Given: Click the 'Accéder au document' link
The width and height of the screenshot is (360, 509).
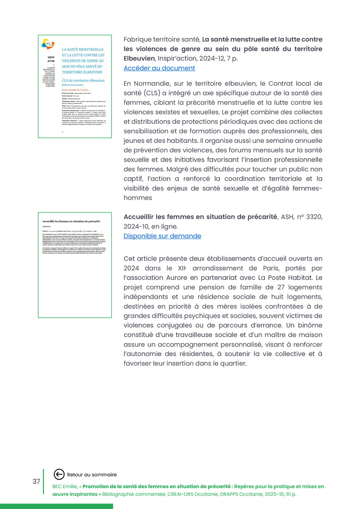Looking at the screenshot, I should [x=159, y=68].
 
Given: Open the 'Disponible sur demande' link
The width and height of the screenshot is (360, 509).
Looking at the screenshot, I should [x=162, y=236].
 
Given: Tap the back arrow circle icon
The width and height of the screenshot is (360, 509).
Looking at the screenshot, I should [x=59, y=474].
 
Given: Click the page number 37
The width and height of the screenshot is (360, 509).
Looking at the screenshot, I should [x=36, y=481].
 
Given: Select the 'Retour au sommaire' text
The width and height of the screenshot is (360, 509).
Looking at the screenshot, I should [x=92, y=475].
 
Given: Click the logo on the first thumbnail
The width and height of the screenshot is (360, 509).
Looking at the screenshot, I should [x=48, y=43].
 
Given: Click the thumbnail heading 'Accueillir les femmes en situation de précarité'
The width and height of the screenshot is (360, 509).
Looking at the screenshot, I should [x=71, y=221].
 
